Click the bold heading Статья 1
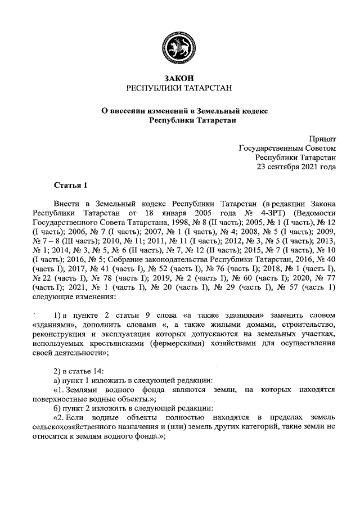pos(71,186)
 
